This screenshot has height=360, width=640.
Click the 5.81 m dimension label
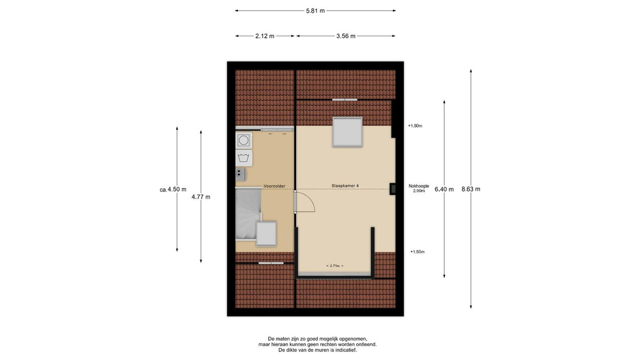(x=315, y=11)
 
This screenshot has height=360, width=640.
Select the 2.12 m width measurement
(x=265, y=36)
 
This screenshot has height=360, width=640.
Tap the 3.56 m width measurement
(x=346, y=36)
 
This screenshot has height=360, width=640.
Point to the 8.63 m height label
(x=471, y=189)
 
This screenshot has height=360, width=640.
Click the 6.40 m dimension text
(x=444, y=189)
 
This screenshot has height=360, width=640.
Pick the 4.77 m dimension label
(x=201, y=197)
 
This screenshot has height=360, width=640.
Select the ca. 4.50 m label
(x=173, y=189)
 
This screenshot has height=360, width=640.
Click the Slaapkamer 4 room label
(x=345, y=186)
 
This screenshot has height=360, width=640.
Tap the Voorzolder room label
(x=274, y=186)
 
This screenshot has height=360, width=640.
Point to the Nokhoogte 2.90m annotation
(x=419, y=188)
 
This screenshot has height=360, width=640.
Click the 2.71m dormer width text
(x=334, y=266)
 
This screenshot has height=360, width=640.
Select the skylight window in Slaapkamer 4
(x=347, y=132)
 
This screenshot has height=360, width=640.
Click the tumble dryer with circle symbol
(x=244, y=141)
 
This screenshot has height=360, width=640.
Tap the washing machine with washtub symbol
(x=244, y=158)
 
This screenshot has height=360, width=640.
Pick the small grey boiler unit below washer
(x=241, y=174)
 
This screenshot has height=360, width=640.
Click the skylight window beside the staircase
(x=266, y=234)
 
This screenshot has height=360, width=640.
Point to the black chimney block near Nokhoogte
(x=393, y=189)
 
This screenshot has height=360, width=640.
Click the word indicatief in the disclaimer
(x=346, y=350)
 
